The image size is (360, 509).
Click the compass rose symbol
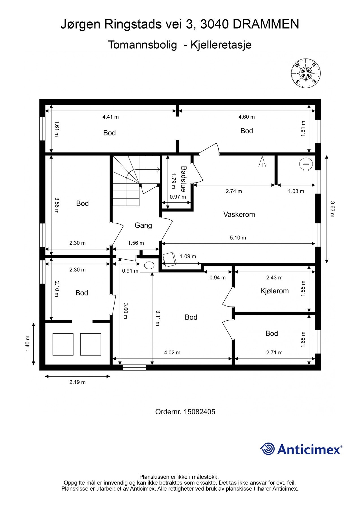click(306, 73)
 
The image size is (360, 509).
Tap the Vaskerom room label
click(239, 214)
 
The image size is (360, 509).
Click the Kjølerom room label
click(274, 291)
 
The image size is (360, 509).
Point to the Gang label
click(143, 225)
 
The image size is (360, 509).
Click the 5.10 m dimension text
click(238, 238)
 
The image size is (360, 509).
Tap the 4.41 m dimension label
click(111, 117)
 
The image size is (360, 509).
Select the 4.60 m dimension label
click(247, 117)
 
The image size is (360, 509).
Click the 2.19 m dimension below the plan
click(77, 382)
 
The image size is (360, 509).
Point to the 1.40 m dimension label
click(27, 344)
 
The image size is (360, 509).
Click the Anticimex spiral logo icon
click(267, 449)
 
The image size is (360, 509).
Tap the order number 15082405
click(199, 412)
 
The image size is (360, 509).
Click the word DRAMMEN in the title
click(266, 25)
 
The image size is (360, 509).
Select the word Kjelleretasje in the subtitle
click(221, 45)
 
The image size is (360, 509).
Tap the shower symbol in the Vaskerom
click(262, 161)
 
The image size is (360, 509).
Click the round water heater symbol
click(305, 164)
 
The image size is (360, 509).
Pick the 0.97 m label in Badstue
click(178, 197)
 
